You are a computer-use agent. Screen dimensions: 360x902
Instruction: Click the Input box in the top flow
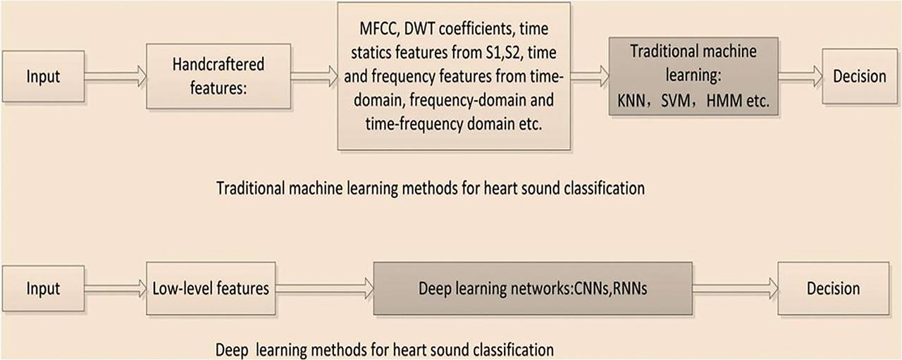44,76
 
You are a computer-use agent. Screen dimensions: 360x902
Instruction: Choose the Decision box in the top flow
859,76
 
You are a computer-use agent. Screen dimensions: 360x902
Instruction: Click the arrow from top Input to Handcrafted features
115,75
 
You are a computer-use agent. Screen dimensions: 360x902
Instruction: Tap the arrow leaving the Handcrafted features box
314,75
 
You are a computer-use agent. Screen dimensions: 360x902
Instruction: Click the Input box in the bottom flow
44,288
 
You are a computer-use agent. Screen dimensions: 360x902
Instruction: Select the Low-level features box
211,288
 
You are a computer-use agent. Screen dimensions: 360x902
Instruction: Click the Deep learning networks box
532,289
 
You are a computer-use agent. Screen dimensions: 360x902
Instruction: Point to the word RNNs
628,289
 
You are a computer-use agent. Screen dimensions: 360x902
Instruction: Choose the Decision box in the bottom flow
832,288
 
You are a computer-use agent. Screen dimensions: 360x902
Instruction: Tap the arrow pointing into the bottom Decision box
734,287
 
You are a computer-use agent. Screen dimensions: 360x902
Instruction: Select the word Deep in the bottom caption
230,349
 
